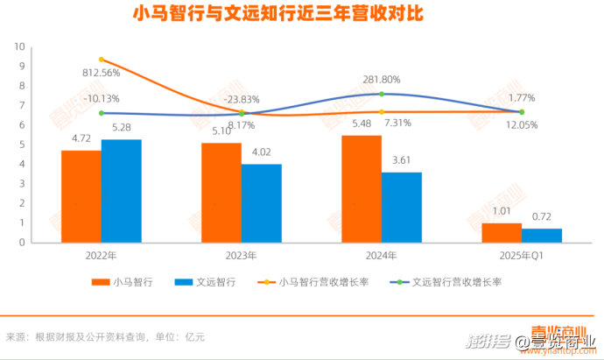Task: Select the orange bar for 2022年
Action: pos(81,196)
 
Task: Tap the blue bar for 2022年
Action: pos(121,191)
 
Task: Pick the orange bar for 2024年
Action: pos(361,188)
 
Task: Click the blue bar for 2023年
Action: pos(261,203)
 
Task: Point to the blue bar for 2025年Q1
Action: pos(542,235)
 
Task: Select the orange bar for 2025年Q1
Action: pos(502,232)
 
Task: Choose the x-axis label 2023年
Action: pos(241,256)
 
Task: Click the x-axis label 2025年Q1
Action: pos(522,256)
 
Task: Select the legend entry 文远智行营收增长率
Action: pos(463,282)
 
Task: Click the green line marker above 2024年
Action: pos(382,94)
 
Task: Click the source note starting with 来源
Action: pos(105,335)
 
